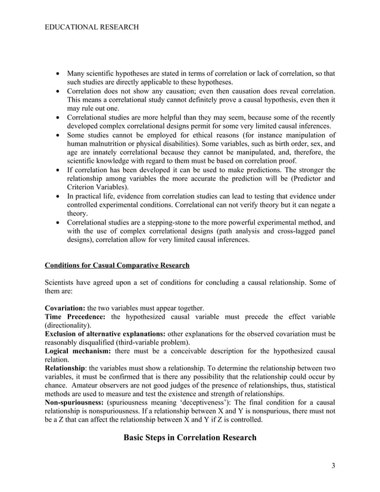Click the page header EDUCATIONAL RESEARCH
[92, 27]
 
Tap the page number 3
[332, 465]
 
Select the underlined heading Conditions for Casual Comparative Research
[117, 265]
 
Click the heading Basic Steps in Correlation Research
[189, 438]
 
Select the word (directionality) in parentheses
[68, 326]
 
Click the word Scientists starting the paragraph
[62, 282]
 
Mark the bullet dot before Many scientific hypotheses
[57, 74]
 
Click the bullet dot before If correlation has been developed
[57, 169]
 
